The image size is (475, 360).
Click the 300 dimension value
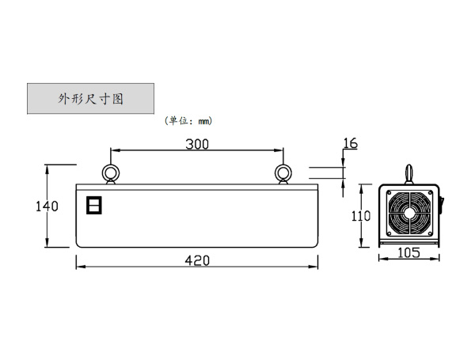[197, 144]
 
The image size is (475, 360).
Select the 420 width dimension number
[197, 260]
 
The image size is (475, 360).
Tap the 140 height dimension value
[47, 207]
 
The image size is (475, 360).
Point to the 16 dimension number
[350, 143]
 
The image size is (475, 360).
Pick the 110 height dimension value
[361, 216]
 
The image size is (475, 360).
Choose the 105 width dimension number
[408, 253]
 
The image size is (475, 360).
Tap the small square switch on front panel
[94, 205]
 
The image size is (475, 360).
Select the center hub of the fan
[409, 212]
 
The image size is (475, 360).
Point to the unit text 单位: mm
[188, 121]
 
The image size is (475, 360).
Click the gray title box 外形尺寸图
[90, 99]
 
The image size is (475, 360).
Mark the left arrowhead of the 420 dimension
[80, 267]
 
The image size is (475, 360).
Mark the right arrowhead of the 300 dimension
[279, 150]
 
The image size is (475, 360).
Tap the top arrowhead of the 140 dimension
[47, 169]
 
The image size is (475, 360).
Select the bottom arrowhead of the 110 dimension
[361, 243]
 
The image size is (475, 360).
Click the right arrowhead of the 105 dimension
[435, 258]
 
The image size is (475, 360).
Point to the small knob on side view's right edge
[442, 203]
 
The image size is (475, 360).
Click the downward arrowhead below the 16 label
[343, 161]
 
